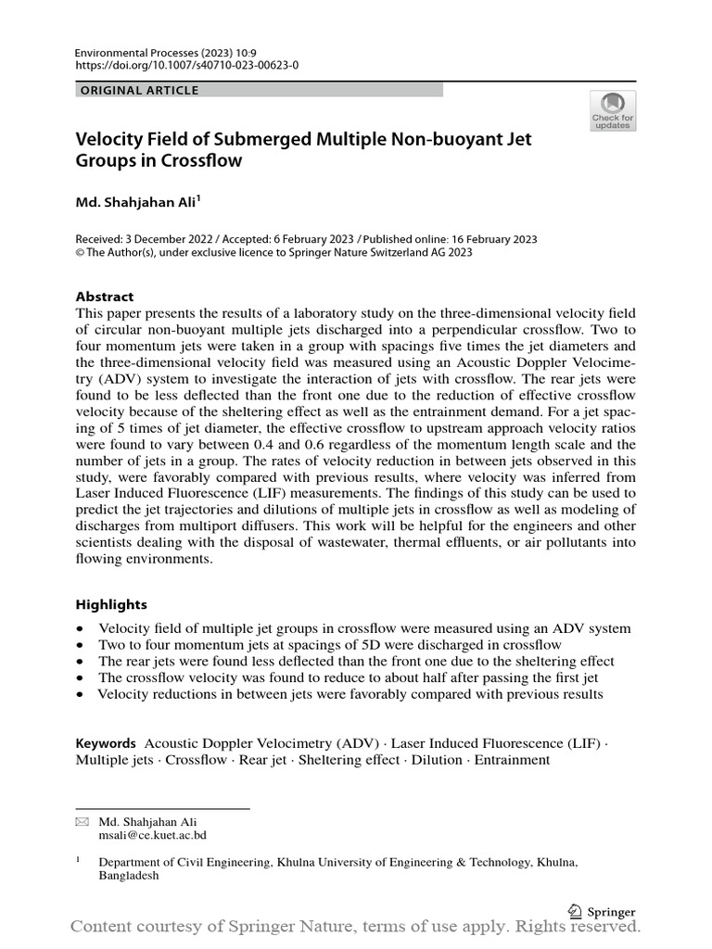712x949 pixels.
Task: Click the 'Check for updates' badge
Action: (613, 110)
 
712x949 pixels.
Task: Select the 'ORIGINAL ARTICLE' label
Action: (140, 90)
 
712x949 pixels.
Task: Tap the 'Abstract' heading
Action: (104, 297)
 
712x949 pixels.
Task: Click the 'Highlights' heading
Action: (111, 604)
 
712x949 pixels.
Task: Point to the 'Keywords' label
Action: (106, 743)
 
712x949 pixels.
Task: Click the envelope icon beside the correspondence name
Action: (82, 822)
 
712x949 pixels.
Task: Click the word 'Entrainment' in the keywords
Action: (512, 760)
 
